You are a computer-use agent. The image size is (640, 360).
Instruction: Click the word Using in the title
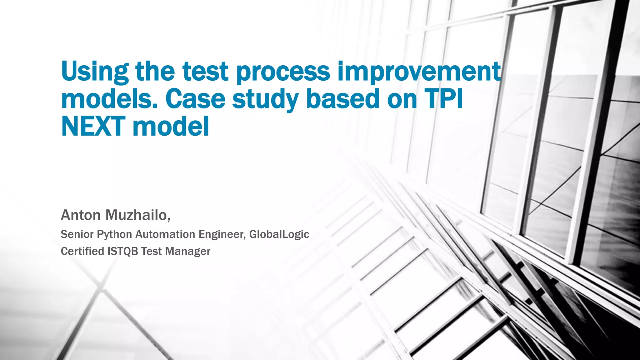(x=95, y=72)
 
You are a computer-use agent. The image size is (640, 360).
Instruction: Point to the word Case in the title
(x=195, y=99)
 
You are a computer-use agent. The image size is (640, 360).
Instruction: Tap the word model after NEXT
(x=171, y=127)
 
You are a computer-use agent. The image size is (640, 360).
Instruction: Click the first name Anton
(x=81, y=215)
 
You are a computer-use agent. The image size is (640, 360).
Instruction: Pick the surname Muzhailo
(x=137, y=215)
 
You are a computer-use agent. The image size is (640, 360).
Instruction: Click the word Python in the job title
(x=114, y=234)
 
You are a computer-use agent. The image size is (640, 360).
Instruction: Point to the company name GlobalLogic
(x=279, y=234)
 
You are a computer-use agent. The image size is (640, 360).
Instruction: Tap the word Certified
(x=82, y=251)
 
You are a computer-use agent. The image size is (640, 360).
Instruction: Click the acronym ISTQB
(x=122, y=251)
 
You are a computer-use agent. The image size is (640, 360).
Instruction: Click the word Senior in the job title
(x=77, y=234)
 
